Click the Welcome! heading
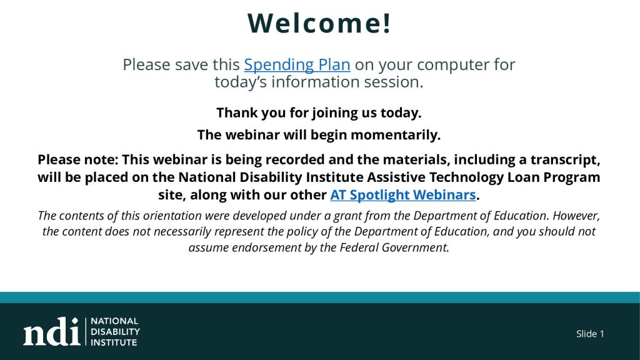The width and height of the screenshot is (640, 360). (319, 23)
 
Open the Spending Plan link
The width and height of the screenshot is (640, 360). (297, 64)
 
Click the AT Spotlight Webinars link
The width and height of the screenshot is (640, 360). (403, 195)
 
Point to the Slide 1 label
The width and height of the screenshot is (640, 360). (590, 334)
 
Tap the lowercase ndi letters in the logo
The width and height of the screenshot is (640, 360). (51, 331)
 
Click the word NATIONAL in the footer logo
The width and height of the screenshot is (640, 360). (114, 321)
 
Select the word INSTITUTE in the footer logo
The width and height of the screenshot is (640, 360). (114, 342)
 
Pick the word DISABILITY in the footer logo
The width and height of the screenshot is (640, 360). (115, 331)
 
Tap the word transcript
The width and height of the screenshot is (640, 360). (565, 159)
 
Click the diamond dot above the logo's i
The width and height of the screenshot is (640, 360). (75, 321)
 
